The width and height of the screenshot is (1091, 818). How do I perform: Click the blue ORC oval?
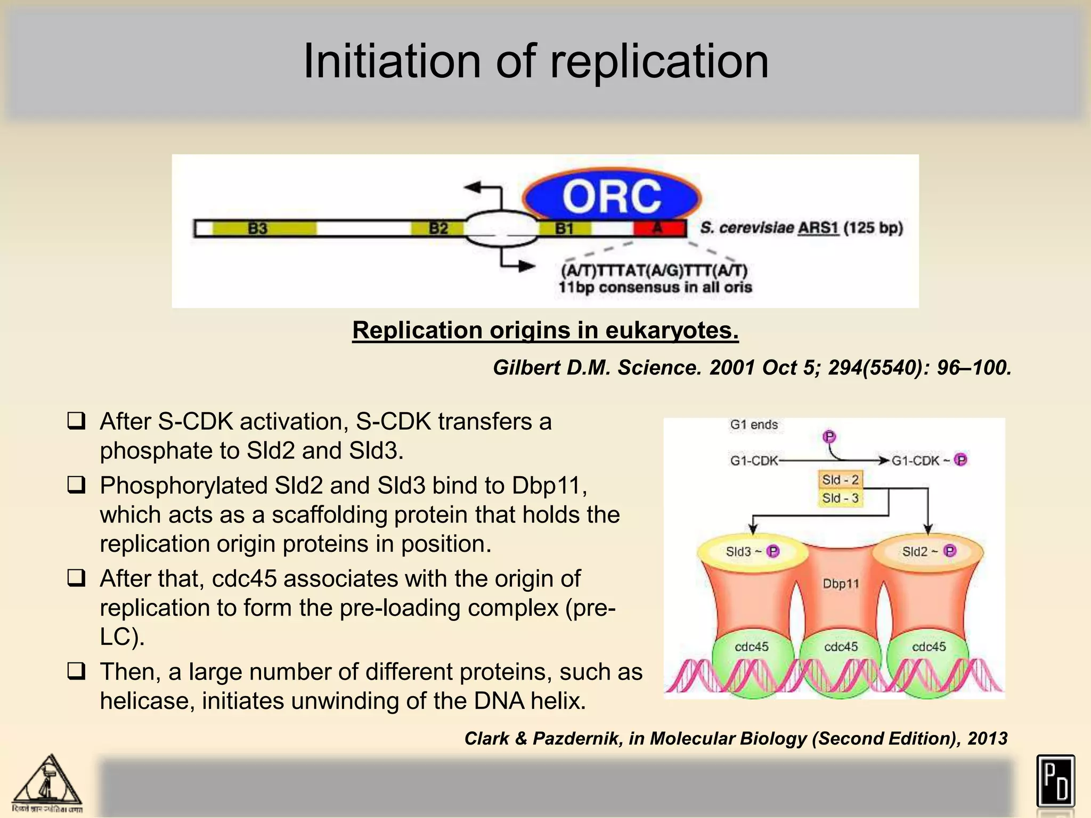coord(612,196)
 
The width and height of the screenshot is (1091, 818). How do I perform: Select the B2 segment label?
coord(438,228)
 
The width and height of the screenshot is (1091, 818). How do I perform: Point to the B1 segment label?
coord(565,228)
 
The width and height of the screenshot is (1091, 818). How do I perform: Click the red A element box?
coord(659,228)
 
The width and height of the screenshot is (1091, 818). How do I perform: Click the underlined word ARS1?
coord(818,228)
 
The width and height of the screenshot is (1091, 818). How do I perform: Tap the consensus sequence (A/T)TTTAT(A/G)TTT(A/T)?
coord(654,271)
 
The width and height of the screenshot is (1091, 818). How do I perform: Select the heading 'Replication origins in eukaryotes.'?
coord(545,330)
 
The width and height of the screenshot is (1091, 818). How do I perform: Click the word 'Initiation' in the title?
coord(392,62)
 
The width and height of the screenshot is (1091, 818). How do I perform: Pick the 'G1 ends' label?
coord(754,424)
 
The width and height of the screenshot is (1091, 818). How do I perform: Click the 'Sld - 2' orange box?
coord(840,480)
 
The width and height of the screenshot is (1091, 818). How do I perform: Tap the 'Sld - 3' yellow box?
coord(840,498)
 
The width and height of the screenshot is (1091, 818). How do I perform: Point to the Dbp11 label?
coord(841,584)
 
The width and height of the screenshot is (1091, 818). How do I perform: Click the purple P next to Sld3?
coord(772,551)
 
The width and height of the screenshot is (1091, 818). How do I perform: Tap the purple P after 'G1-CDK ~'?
coord(960,460)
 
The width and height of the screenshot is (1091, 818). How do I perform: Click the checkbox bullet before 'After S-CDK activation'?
coord(76,422)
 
